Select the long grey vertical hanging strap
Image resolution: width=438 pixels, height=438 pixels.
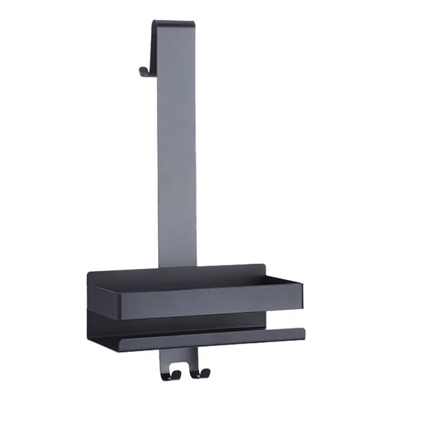(177, 151)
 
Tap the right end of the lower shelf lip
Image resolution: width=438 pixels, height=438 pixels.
(302, 333)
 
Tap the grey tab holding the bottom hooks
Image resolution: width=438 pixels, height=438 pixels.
(179, 357)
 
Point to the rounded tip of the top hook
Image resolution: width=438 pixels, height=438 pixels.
(141, 70)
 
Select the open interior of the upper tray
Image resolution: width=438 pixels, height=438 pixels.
(205, 281)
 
